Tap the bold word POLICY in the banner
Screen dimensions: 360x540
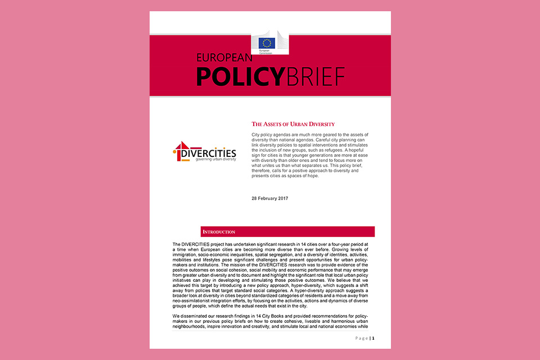(x=238, y=76)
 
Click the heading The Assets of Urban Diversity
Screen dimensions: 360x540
(x=292, y=124)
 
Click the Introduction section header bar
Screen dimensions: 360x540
(x=287, y=232)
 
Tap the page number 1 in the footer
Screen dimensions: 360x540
(x=372, y=338)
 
